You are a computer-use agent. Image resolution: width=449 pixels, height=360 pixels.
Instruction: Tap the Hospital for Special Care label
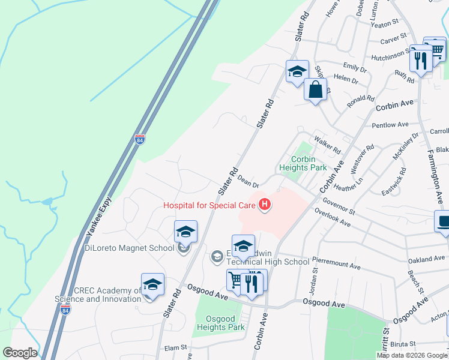click(209, 205)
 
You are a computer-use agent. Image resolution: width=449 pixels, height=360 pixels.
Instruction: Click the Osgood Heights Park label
click(221, 323)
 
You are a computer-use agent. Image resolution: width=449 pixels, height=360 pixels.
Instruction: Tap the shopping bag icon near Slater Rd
click(316, 90)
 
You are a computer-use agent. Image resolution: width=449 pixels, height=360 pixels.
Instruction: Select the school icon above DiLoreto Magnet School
click(186, 231)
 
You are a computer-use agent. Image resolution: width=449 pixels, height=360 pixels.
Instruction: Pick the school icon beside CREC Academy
click(153, 284)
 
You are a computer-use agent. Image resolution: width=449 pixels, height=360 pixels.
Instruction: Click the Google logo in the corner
click(20, 353)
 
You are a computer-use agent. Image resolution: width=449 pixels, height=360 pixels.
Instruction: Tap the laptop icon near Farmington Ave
click(444, 221)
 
